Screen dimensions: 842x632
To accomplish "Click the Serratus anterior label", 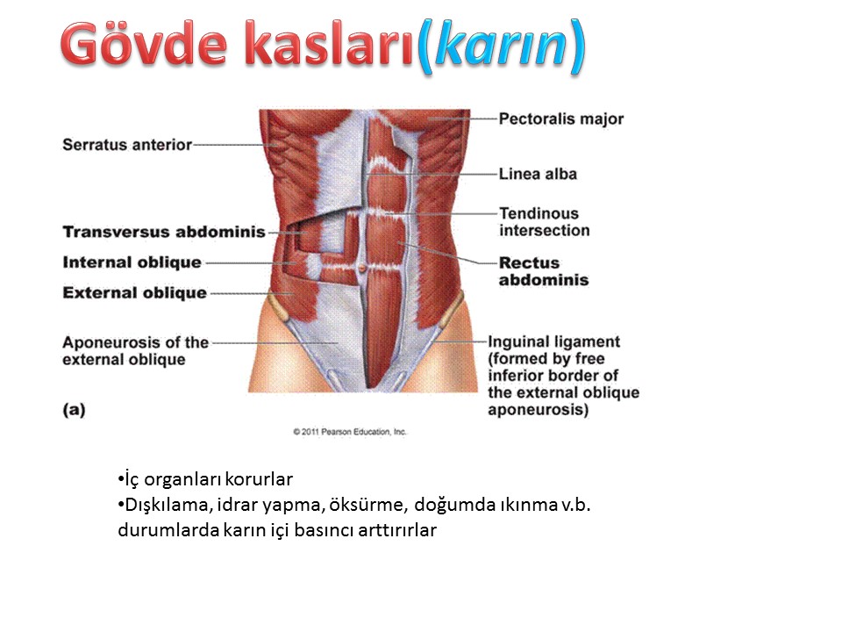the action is pos(126,145).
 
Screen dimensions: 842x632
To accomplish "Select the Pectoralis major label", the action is pos(561,118).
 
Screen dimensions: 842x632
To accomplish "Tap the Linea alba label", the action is pos(538,174).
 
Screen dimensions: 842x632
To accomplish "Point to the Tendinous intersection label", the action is pos(544,222).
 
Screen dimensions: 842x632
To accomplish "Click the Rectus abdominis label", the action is pos(544,271).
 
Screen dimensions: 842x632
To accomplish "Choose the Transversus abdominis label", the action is pos(164,232).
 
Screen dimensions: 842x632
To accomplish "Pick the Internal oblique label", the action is pos(132,262).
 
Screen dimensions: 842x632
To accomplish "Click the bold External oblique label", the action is pos(135,293).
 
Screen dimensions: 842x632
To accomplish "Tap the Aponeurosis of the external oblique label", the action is pos(135,351).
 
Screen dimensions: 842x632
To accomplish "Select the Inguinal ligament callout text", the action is pos(563,376).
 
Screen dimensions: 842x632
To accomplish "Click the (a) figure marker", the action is pos(74,410).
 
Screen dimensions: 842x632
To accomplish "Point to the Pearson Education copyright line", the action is pos(350,432).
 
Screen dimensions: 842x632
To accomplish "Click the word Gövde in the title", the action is pos(144,44).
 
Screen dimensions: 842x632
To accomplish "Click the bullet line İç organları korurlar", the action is pos(205,479).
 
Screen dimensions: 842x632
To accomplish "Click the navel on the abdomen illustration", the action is pos(362,267).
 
